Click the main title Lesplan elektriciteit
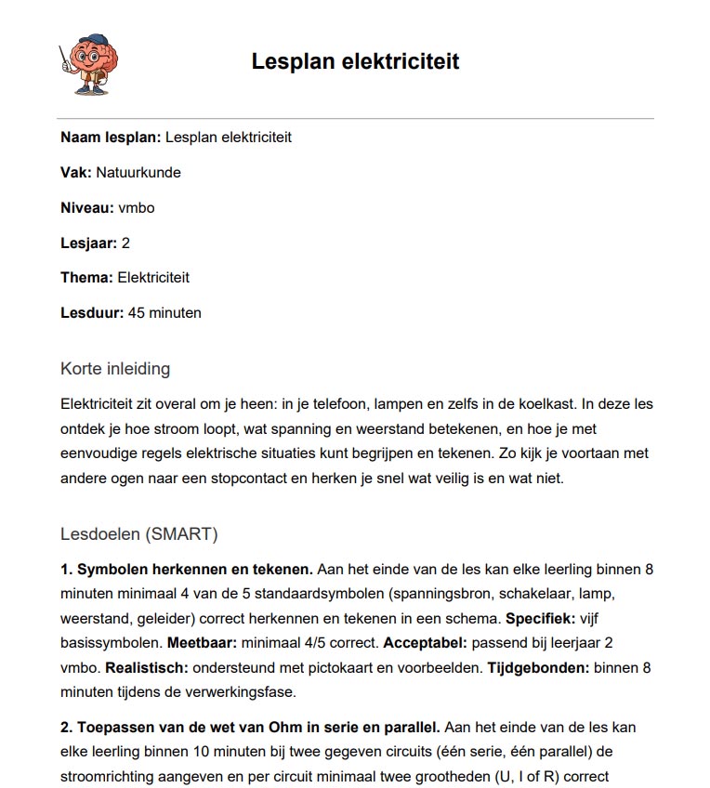[355, 62]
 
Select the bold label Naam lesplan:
[111, 138]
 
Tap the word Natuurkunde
[138, 173]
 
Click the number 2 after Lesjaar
[125, 243]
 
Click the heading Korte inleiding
[115, 369]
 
